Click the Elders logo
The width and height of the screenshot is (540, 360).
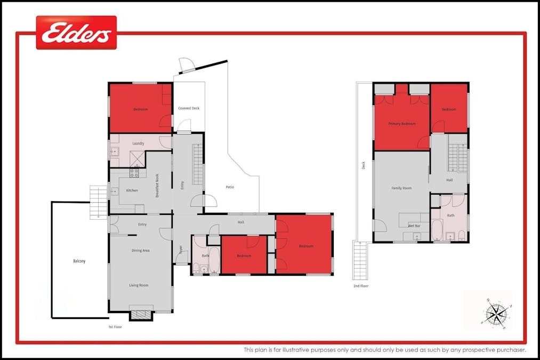76,33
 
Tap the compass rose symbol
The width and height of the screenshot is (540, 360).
496,312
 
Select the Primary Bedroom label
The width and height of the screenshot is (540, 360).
401,124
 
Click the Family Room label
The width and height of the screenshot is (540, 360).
401,188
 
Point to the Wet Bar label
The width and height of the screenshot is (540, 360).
414,226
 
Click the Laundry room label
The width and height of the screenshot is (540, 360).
138,143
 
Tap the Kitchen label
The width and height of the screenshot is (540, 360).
132,190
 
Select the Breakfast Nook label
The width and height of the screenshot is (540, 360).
157,186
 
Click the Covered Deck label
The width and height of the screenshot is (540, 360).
189,108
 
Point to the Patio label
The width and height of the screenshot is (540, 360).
230,187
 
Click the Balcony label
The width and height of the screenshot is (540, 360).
79,261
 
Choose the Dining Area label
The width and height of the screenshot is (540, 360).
140,250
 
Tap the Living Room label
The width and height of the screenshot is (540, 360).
139,285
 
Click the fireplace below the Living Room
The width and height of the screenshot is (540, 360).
141,314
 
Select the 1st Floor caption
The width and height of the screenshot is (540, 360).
115,326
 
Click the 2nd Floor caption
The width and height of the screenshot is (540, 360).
361,286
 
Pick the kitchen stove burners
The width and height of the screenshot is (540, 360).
135,173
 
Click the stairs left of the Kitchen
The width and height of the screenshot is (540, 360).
98,202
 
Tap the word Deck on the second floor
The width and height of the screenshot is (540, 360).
364,165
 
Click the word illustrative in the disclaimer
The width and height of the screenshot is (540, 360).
309,350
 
